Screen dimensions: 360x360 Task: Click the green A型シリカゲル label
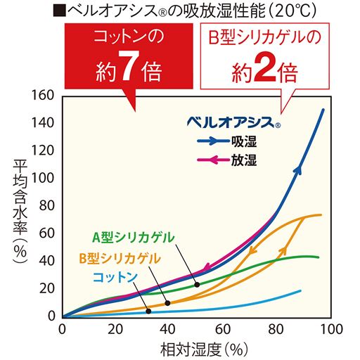[x=133, y=236]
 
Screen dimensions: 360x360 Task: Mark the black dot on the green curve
[x=197, y=284]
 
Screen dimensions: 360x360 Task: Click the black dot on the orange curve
[x=167, y=303]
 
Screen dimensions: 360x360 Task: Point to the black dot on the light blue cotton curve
[x=149, y=311]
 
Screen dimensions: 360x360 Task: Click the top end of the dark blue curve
[x=323, y=110]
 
